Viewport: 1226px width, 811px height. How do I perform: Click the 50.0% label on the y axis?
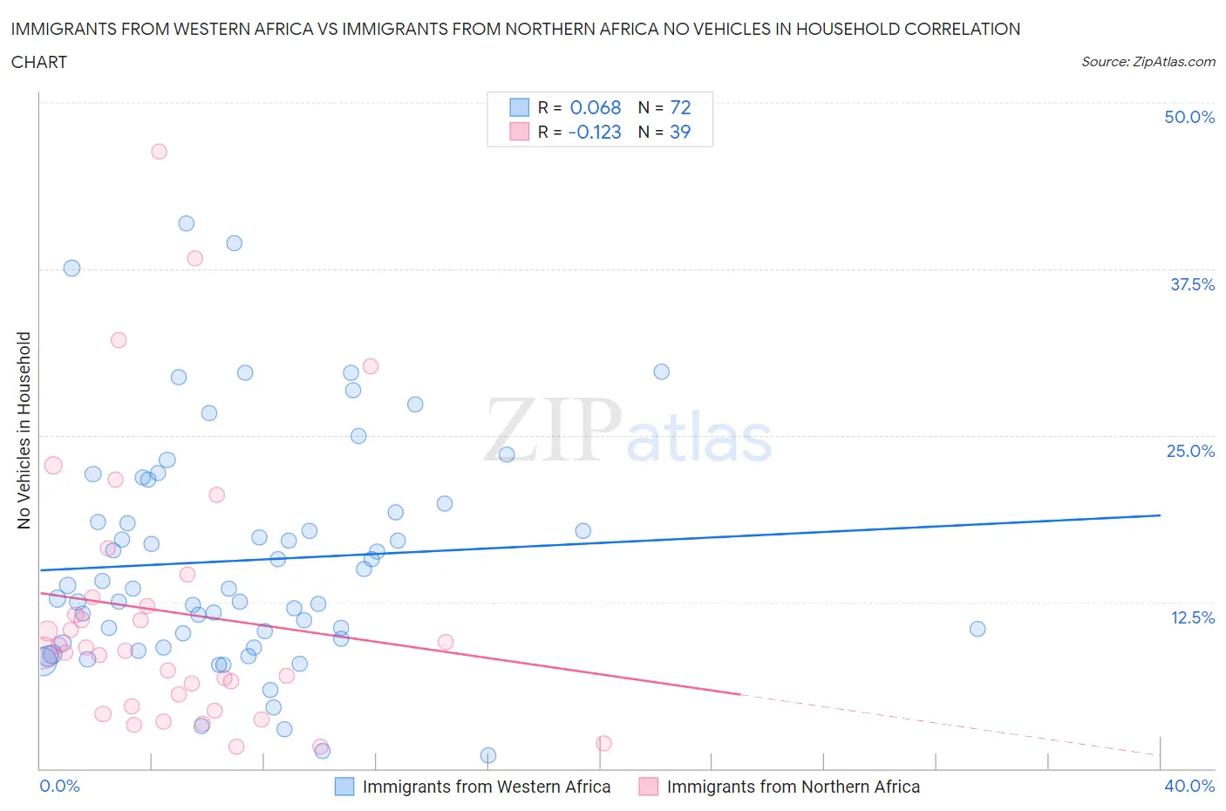1189,117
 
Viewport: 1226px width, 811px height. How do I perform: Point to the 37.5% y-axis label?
1192,284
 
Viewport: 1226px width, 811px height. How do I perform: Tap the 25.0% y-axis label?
1190,451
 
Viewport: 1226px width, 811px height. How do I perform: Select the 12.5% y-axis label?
1192,617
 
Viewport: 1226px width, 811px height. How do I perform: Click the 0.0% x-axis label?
59,786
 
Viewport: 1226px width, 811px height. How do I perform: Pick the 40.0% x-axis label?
1189,786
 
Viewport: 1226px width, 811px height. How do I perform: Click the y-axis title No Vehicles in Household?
24,430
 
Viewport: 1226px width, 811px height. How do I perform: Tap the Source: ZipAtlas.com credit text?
1148,62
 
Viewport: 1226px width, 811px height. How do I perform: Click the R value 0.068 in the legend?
595,107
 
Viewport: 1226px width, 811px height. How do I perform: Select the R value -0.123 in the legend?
594,132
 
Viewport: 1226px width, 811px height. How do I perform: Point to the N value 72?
680,107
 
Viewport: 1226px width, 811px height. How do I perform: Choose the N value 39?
679,132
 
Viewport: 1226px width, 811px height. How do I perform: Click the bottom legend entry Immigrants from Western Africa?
486,787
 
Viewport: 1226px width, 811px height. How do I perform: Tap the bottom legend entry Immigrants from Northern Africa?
793,787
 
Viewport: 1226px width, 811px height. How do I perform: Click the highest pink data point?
159,152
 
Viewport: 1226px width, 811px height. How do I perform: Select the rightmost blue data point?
977,629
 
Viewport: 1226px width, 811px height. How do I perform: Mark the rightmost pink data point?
603,743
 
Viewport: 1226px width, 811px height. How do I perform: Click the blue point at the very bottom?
488,755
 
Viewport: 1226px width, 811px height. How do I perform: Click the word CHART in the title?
39,62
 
